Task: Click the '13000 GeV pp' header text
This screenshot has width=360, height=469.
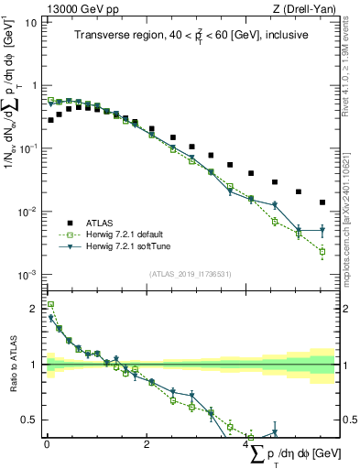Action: (x=76, y=8)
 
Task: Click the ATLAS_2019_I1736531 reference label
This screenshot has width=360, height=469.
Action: (x=191, y=274)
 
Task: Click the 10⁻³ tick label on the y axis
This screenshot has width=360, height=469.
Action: (x=27, y=275)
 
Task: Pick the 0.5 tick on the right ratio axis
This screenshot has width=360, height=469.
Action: (x=349, y=420)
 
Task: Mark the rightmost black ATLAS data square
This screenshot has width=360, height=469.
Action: (x=322, y=202)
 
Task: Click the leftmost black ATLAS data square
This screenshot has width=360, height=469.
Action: (x=51, y=120)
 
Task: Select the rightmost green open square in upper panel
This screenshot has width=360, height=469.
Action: (x=322, y=251)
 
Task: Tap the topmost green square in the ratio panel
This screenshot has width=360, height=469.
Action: (x=51, y=305)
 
